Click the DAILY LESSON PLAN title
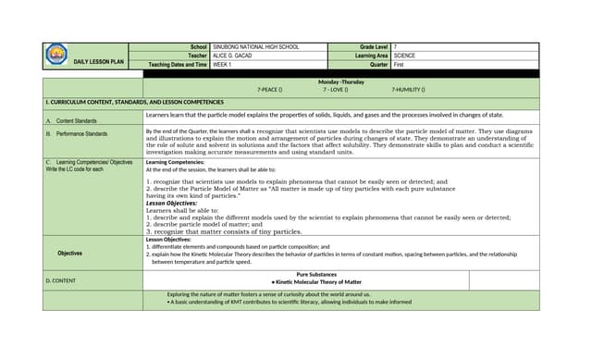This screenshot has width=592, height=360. coord(98,60)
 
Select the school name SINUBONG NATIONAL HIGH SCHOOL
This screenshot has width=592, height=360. coord(256,46)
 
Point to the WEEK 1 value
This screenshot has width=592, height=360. coord(223,65)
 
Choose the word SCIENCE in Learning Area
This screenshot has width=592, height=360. coord(404,56)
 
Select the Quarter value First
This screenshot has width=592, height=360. coord(400,65)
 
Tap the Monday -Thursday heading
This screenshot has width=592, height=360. coord(340,81)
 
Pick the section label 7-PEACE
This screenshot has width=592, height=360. coord(269,90)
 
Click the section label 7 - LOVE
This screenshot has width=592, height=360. coord(335,90)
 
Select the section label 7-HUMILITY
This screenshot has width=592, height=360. coord(407,90)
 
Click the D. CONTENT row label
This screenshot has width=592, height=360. coord(64,279)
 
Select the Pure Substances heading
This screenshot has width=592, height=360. coord(316,274)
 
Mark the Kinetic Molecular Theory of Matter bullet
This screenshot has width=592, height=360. coord(316,281)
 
